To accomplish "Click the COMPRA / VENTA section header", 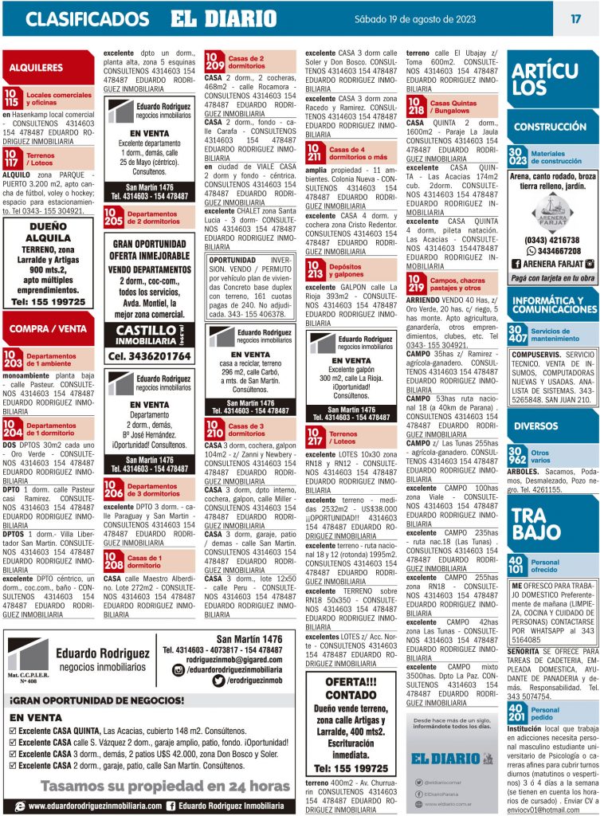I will (49, 328).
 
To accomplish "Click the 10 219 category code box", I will (417, 282).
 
